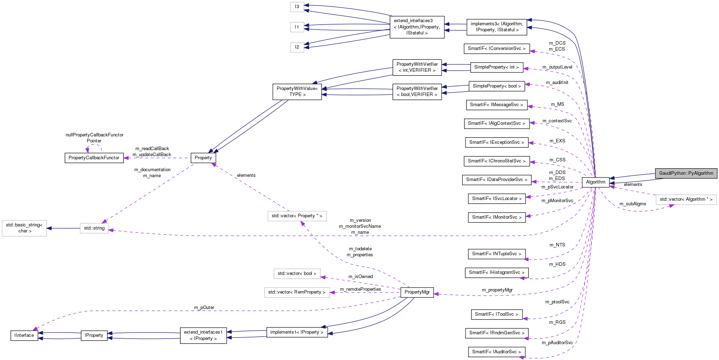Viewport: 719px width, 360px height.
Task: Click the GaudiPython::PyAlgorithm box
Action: [x=686, y=173]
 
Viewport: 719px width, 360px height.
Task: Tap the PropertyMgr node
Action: [x=417, y=292]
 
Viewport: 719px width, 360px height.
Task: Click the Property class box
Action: [x=203, y=158]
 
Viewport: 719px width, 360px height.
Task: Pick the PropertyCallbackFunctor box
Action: [x=94, y=158]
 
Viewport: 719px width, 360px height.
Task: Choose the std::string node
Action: [x=94, y=228]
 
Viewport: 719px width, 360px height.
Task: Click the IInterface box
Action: [x=24, y=335]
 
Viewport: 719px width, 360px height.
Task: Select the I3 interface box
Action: [x=297, y=7]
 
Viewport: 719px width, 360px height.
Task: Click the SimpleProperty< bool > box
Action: [x=496, y=86]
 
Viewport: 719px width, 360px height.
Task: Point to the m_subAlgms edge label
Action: [x=633, y=204]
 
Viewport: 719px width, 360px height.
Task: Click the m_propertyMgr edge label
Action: [x=497, y=290]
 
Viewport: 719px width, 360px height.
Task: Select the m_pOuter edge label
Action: [x=204, y=308]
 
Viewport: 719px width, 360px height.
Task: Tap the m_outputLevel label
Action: [x=557, y=67]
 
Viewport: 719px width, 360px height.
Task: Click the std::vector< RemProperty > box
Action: [x=297, y=292]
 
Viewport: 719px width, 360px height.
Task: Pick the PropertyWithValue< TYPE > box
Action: [x=297, y=91]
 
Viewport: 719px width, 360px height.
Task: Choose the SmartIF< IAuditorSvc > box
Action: [x=496, y=352]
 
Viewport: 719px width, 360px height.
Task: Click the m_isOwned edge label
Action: [x=360, y=277]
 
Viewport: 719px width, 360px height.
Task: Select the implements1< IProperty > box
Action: [x=297, y=332]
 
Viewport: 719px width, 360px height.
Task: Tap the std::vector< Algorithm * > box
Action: [x=686, y=199]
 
